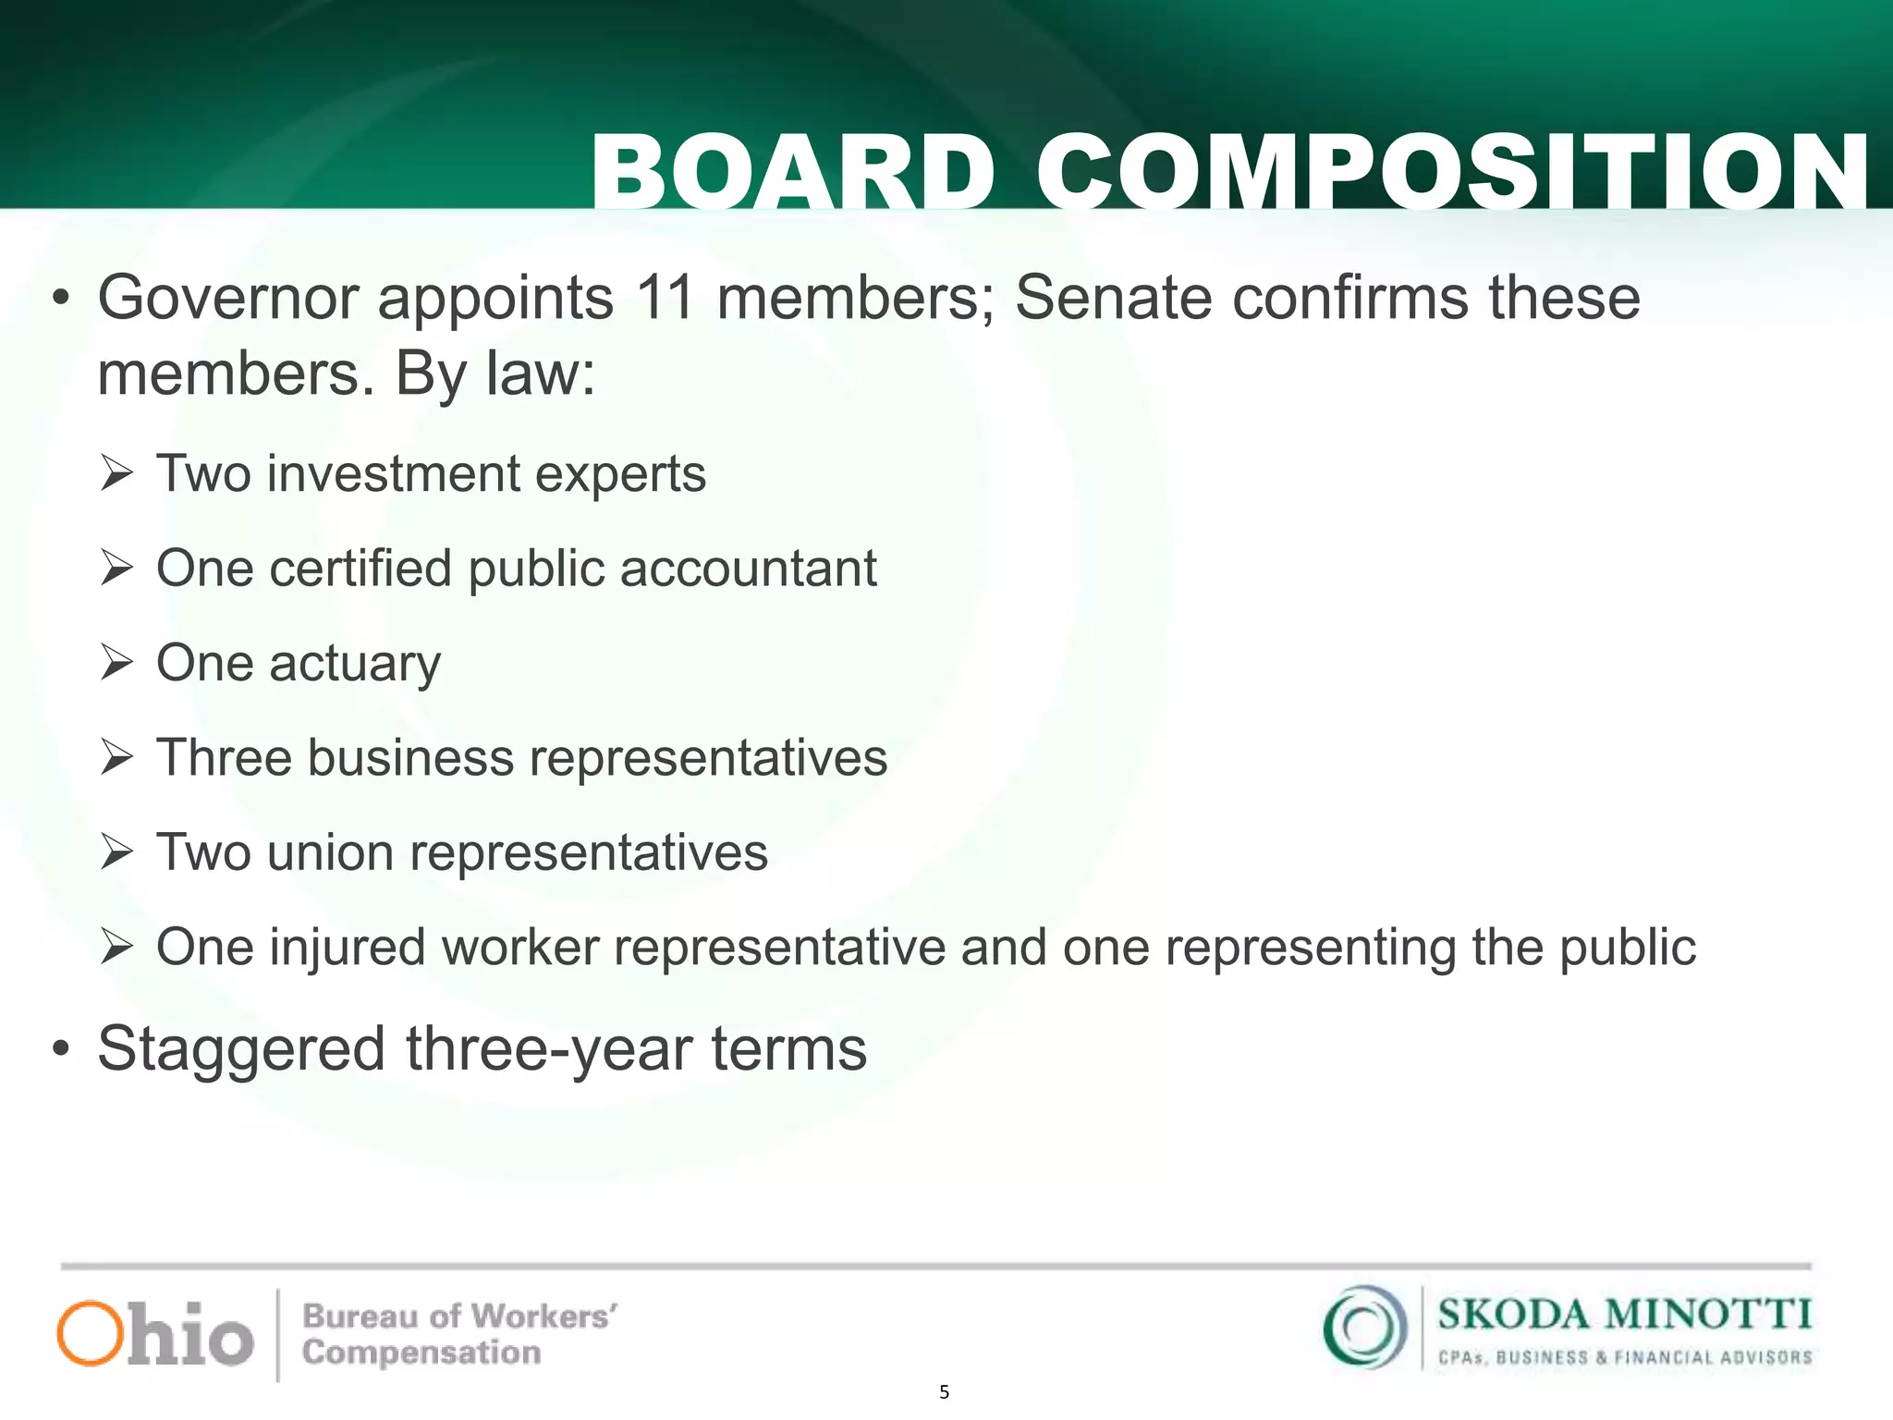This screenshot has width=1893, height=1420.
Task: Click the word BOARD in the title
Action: coord(792,173)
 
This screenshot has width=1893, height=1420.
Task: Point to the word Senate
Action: coord(1113,298)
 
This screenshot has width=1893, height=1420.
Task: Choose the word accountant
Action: coord(748,569)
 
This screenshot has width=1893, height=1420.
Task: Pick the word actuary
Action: coord(355,664)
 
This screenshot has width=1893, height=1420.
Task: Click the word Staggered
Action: coord(241,1049)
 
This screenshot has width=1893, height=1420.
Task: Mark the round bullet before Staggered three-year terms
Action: coord(61,1050)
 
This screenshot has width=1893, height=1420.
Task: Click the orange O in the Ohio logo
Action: coord(90,1333)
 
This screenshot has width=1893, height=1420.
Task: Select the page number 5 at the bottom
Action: coord(944,1392)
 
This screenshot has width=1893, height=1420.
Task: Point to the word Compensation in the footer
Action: coord(421,1353)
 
